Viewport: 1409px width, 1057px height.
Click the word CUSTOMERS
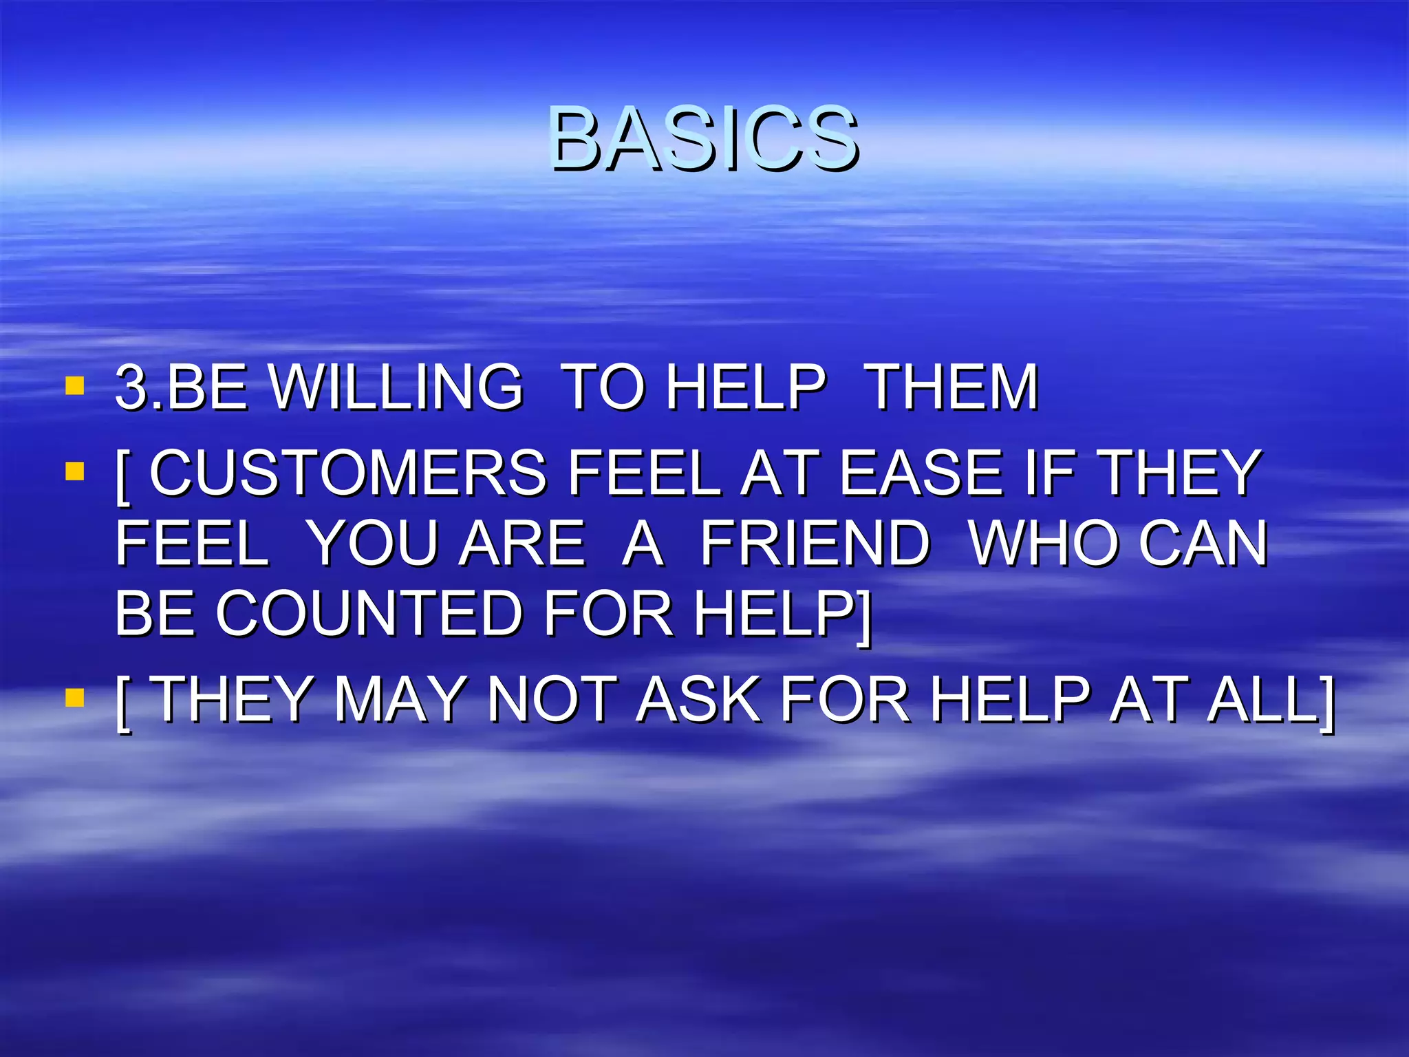tap(348, 473)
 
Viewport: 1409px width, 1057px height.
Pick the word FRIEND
tap(815, 544)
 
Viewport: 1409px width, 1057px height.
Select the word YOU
tap(372, 544)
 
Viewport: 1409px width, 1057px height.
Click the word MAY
tap(400, 700)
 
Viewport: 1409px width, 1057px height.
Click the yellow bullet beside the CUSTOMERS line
tap(74, 471)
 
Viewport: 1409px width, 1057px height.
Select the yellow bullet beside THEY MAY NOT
tap(74, 698)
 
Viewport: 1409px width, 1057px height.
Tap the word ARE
tap(522, 544)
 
